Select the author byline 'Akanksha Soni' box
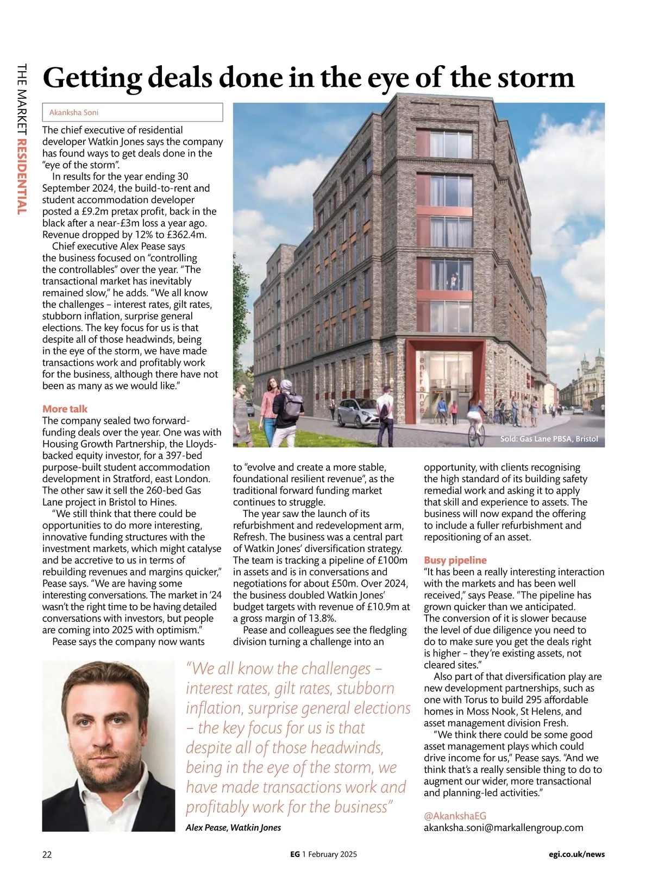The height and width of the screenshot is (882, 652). pyautogui.click(x=133, y=112)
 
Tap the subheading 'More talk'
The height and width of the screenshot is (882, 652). pyautogui.click(x=65, y=409)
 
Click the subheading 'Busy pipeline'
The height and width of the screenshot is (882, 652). pyautogui.click(x=455, y=560)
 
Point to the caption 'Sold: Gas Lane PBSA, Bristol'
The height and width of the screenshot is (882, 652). pyautogui.click(x=548, y=439)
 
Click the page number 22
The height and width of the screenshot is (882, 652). pyautogui.click(x=47, y=854)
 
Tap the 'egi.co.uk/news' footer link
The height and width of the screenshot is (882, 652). pyautogui.click(x=576, y=854)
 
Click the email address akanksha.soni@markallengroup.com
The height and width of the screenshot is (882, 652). pyautogui.click(x=503, y=828)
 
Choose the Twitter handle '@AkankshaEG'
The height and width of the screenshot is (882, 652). pyautogui.click(x=455, y=816)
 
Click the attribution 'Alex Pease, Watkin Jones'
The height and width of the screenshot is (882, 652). pyautogui.click(x=233, y=828)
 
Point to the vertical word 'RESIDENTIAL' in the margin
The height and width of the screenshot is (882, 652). pyautogui.click(x=22, y=177)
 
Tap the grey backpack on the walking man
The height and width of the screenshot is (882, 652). pyautogui.click(x=293, y=405)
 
